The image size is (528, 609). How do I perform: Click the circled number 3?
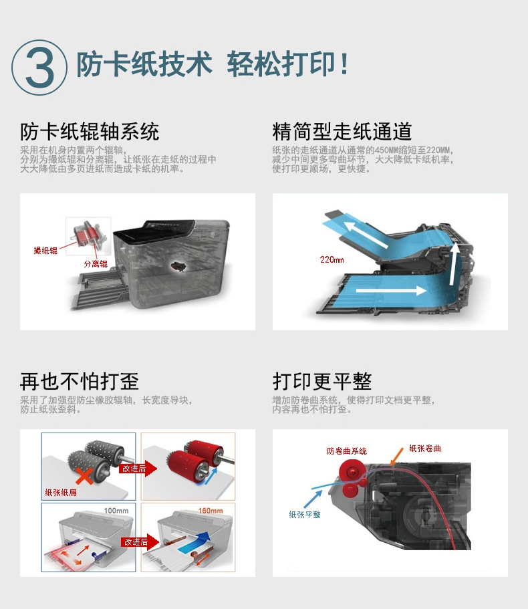point(39,68)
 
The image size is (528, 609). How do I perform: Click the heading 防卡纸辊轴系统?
point(90,131)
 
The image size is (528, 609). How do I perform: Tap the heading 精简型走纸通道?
point(342,131)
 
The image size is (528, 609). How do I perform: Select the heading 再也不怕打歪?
point(80,382)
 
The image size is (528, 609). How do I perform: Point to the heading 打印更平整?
point(322,382)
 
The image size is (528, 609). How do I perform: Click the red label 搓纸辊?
point(45,251)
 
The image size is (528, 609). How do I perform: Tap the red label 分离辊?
point(96,264)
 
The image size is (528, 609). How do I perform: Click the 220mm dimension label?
point(332,260)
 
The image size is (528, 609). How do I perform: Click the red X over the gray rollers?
point(84,476)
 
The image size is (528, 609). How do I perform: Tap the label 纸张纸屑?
point(61,493)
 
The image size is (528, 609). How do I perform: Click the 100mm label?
point(116,510)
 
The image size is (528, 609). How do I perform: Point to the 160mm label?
point(211,510)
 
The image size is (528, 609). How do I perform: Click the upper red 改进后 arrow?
point(138,469)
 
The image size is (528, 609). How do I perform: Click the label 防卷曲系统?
point(347,451)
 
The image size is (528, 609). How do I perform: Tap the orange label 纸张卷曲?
point(425,449)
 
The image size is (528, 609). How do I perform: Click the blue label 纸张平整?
point(305,515)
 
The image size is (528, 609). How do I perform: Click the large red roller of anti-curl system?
point(352,471)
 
